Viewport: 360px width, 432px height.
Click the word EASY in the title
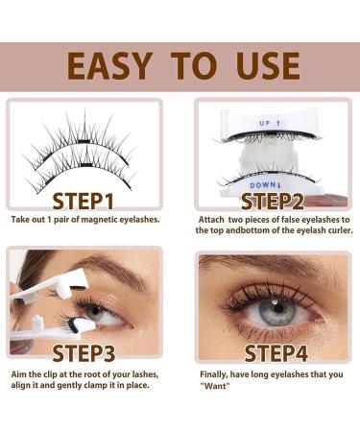pyautogui.click(x=108, y=64)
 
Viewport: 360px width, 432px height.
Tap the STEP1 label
pyautogui.click(x=84, y=202)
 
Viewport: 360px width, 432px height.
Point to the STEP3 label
pyautogui.click(x=84, y=352)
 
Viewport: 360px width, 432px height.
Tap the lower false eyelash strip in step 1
pyautogui.click(x=86, y=163)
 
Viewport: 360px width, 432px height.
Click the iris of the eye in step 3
pyautogui.click(x=96, y=312)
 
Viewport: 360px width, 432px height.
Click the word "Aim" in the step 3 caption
pyautogui.click(x=19, y=373)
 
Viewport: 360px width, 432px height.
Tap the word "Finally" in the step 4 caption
pyautogui.click(x=215, y=373)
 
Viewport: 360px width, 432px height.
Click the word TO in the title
pyautogui.click(x=192, y=64)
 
